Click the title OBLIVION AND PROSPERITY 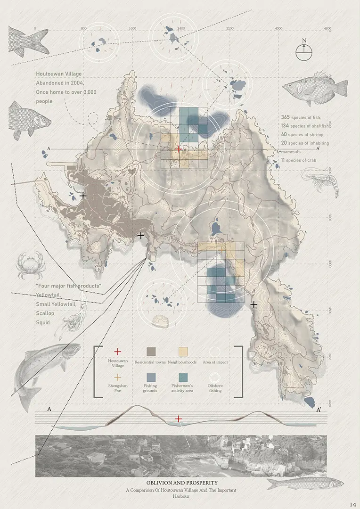(x=181, y=483)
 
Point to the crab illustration (x=29, y=265)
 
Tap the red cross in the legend (x=118, y=352)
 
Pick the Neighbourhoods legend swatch (x=182, y=352)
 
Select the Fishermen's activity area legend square (x=182, y=377)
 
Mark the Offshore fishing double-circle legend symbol (x=215, y=377)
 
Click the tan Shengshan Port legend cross (x=118, y=377)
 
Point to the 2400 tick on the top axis (x=180, y=29)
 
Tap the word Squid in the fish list (x=43, y=322)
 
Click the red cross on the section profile (x=178, y=419)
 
